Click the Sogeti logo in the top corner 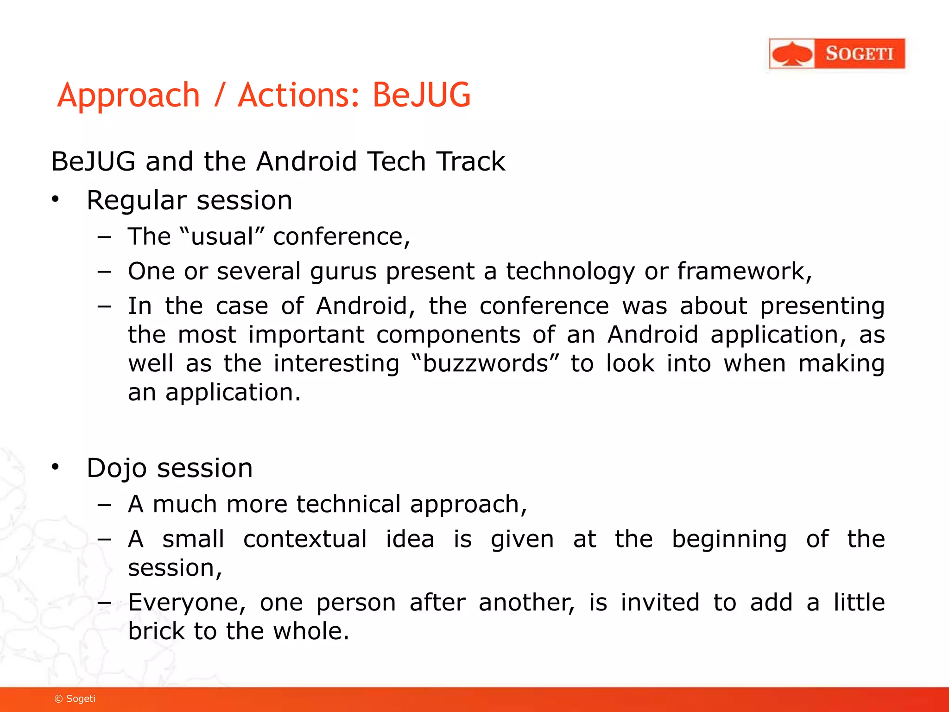(837, 54)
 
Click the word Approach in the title (129, 95)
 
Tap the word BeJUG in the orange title (421, 95)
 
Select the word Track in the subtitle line (471, 162)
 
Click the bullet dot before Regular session (56, 199)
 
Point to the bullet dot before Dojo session (56, 467)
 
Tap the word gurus (343, 272)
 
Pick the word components (448, 335)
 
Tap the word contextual (305, 539)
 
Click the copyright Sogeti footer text (75, 699)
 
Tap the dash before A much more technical (105, 505)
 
